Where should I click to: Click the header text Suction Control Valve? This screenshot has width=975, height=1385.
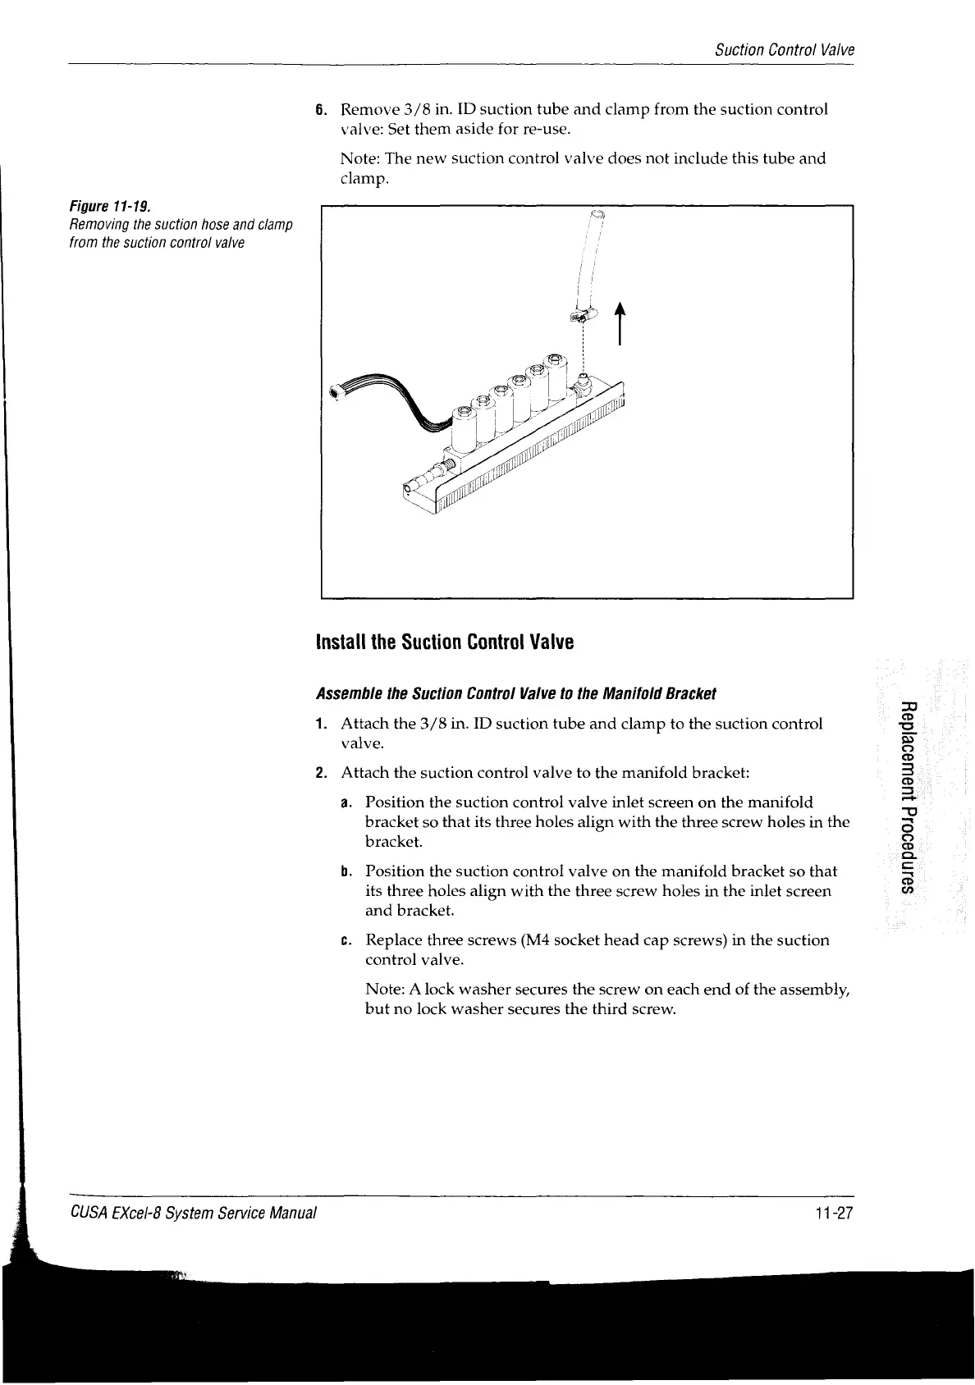pyautogui.click(x=784, y=50)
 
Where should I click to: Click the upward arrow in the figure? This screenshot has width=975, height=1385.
pyautogui.click(x=620, y=323)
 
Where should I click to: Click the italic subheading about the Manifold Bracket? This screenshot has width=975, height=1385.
pyautogui.click(x=516, y=694)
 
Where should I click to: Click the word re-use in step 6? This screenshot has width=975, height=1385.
pyautogui.click(x=534, y=129)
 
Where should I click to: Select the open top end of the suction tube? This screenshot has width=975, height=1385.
pyautogui.click(x=598, y=216)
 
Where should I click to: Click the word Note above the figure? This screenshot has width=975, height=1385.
pyautogui.click(x=359, y=158)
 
